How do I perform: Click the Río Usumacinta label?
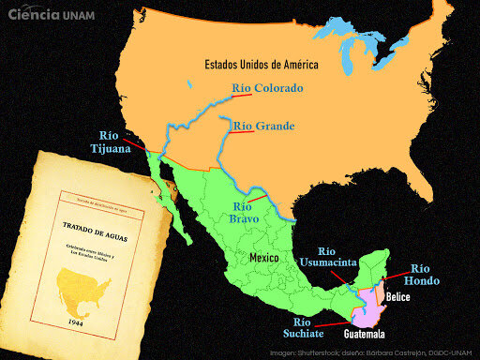point(324,258)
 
